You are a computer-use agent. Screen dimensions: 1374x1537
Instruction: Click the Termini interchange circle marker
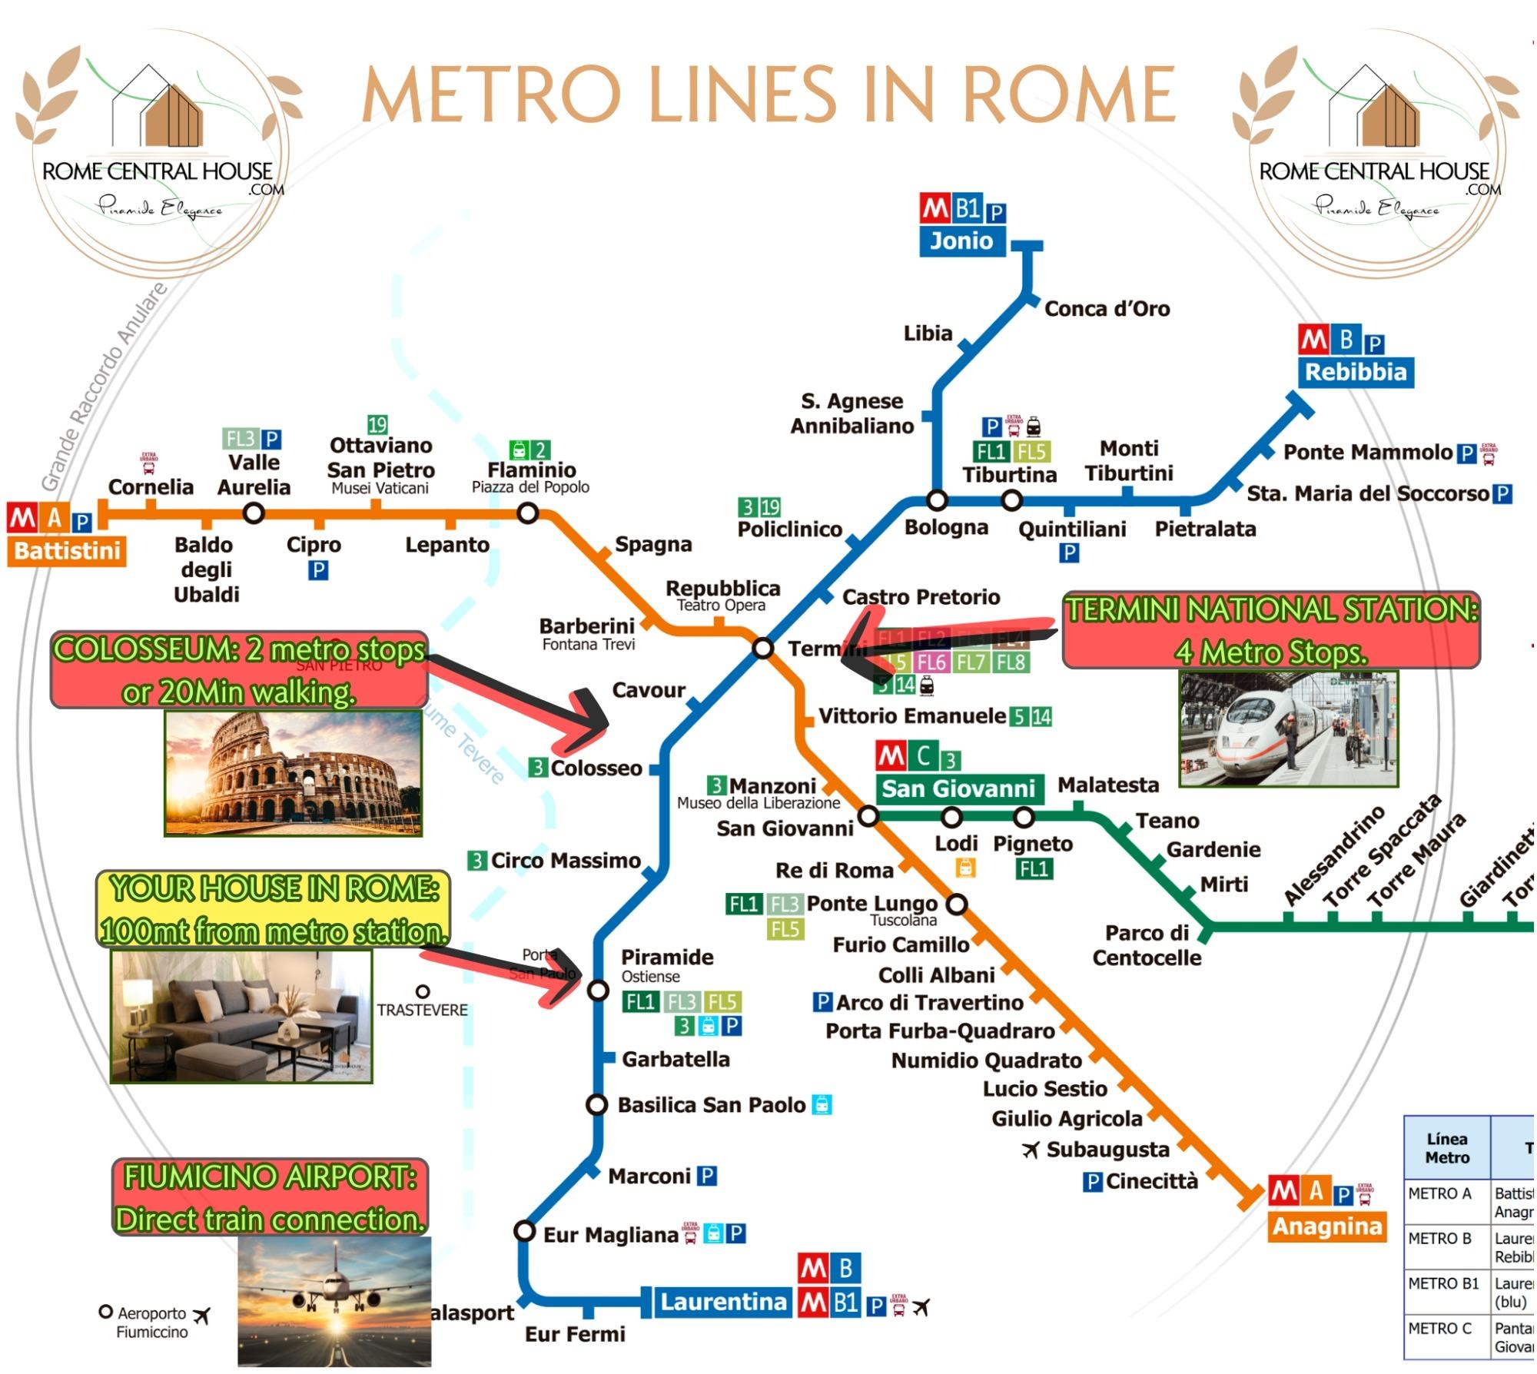pos(762,648)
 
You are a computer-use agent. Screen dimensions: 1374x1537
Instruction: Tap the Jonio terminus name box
pos(961,241)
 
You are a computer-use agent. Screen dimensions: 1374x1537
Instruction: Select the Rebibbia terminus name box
pos(1355,373)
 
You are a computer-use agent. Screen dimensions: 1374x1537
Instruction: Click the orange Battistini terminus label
pos(67,551)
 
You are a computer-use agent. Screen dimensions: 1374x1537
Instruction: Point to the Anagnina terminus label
pos(1327,1226)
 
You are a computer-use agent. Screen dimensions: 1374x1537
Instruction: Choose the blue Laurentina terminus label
pos(722,1302)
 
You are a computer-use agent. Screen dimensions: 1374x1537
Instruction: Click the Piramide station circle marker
pos(598,991)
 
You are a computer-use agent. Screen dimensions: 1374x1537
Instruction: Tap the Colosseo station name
pos(596,768)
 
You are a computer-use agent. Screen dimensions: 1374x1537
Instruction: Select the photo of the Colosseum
pos(293,773)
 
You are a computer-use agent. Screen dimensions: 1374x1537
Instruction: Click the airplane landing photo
pos(334,1302)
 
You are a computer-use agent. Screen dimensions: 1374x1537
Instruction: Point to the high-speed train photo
pos(1288,728)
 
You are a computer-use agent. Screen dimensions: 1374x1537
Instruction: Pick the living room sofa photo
pos(241,1016)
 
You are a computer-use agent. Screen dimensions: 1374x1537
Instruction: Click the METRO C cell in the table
pos(1441,1329)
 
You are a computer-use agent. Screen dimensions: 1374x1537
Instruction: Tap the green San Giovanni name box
pos(958,788)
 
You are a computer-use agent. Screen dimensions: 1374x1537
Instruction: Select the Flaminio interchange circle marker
pos(527,513)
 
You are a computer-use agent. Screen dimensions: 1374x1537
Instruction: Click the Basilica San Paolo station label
pos(712,1105)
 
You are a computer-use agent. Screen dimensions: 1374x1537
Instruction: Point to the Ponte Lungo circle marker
pos(956,904)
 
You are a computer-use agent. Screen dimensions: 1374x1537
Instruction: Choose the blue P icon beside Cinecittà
pos(1092,1182)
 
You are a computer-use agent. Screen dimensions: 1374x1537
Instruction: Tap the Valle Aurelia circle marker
pos(254,513)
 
